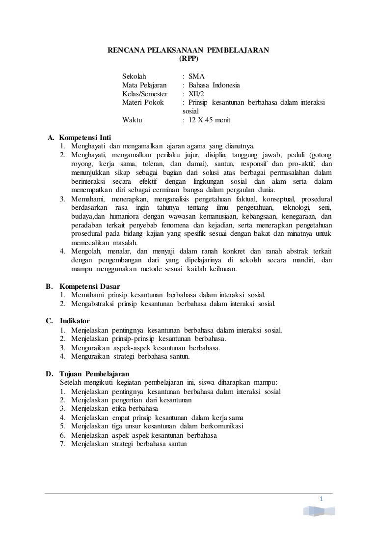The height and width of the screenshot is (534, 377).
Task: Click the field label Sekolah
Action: tap(134, 76)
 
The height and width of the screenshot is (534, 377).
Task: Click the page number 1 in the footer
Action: tap(321, 500)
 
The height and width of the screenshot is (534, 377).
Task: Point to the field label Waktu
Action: tap(132, 120)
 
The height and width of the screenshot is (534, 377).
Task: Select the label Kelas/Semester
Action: tap(144, 94)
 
